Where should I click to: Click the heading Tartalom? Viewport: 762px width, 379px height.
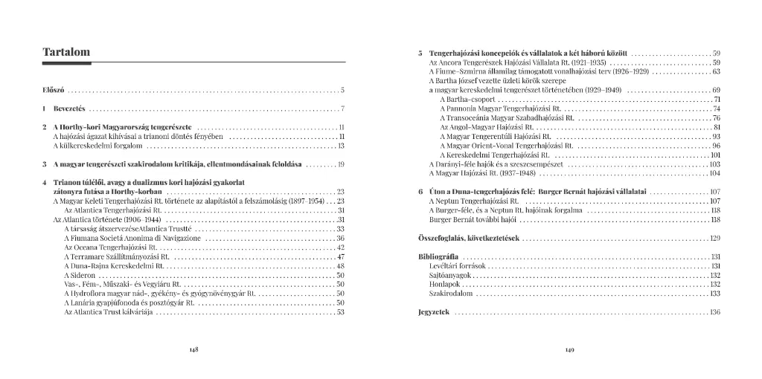point(66,52)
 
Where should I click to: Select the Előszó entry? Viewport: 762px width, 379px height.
point(54,91)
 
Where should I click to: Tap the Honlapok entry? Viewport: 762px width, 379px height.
point(445,284)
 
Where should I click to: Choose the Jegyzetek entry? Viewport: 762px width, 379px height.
point(434,312)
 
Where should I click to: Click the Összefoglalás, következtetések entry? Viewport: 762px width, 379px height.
point(468,239)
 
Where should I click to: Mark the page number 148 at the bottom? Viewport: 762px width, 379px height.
point(193,350)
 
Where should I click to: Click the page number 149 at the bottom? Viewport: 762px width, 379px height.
point(569,350)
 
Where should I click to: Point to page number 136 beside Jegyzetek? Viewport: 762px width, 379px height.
point(715,312)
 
